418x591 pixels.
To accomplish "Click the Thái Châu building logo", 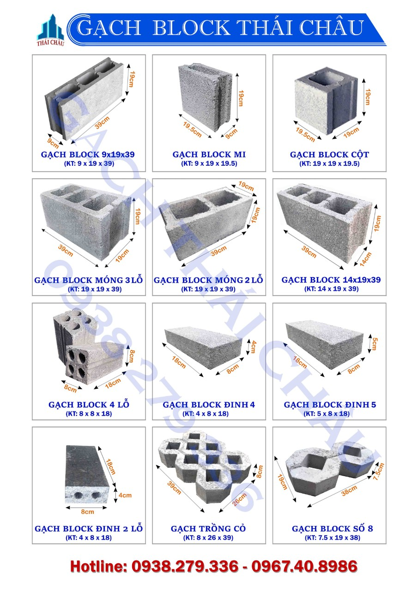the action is tap(50, 30).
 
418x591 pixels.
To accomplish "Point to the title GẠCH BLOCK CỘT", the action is tap(329, 154).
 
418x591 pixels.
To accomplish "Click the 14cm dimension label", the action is tap(365, 259).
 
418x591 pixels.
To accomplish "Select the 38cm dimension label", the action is tap(349, 491).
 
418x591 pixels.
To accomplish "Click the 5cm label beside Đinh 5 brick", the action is tap(375, 344).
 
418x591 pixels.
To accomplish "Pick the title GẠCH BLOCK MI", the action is tap(209, 154).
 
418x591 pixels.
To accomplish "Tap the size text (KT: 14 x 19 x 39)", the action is tap(332, 289).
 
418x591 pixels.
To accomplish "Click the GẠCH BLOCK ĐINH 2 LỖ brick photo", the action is tap(87, 474).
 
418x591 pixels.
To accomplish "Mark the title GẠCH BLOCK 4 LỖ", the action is tap(89, 404).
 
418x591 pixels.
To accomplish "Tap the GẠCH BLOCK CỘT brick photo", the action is tap(326, 101).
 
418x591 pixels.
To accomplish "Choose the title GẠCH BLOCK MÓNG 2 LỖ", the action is tap(208, 280).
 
